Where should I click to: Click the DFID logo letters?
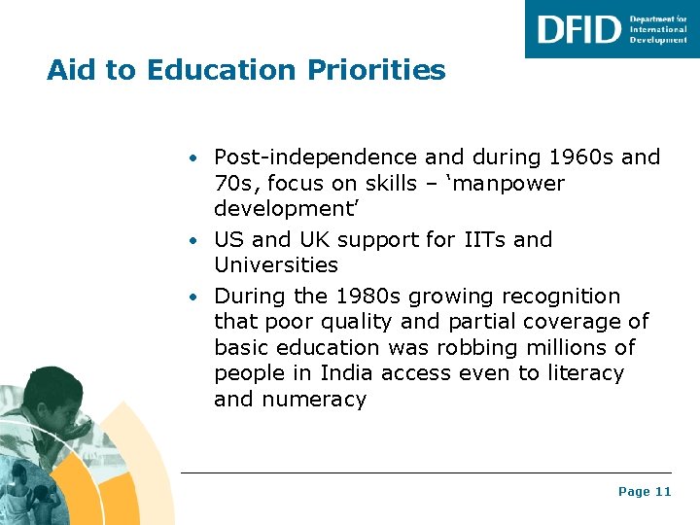coord(578,28)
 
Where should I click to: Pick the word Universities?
coord(276,264)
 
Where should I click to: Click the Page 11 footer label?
coord(645,492)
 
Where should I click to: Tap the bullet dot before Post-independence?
coord(195,158)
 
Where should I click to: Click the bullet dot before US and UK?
coord(195,240)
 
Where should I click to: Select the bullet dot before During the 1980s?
coord(195,297)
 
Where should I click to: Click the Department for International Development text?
coord(658,29)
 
